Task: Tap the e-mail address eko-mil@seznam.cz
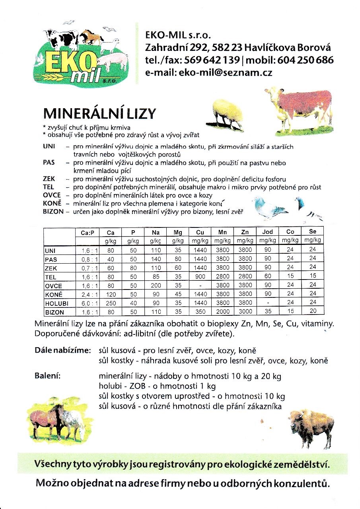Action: click(208, 72)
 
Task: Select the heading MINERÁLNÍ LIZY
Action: click(99, 114)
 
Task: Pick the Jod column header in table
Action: click(267, 232)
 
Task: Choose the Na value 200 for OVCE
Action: click(156, 285)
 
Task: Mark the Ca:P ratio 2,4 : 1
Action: click(87, 294)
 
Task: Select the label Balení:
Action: click(48, 375)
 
